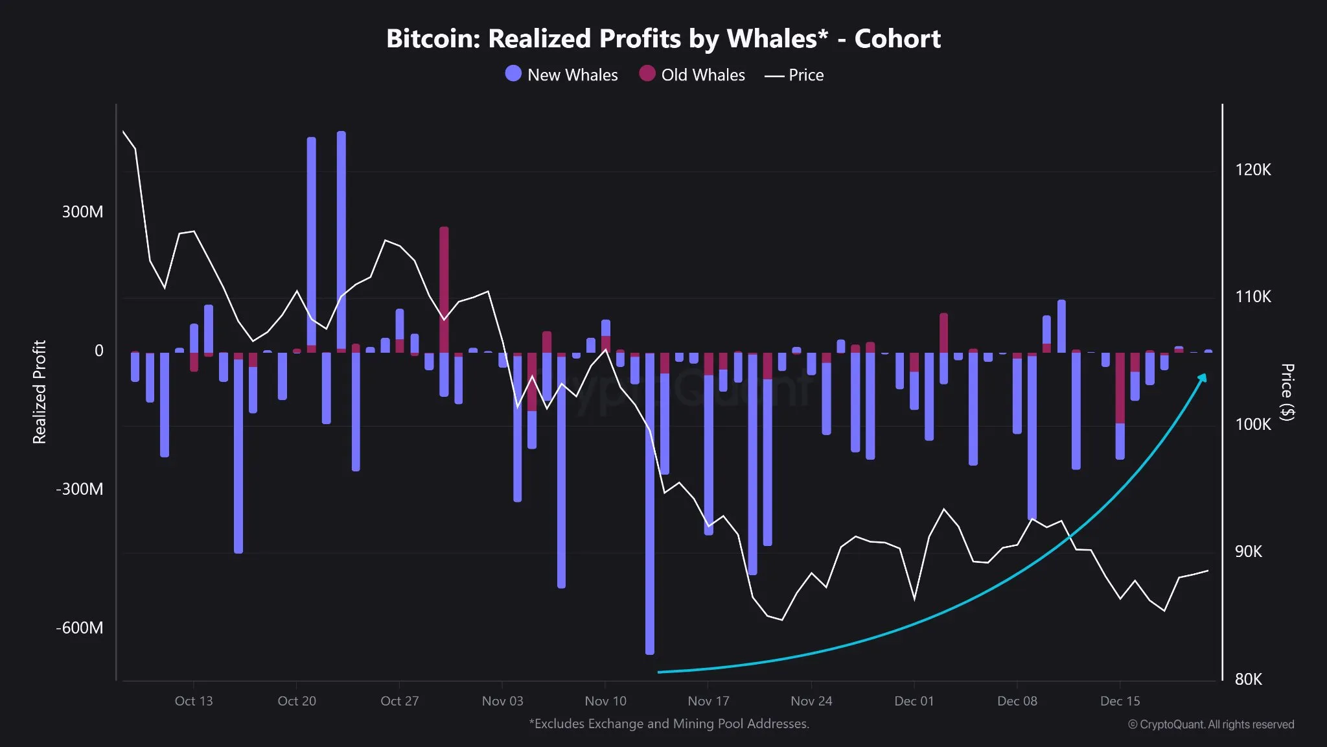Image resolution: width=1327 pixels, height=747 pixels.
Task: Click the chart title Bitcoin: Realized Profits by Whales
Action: click(663, 39)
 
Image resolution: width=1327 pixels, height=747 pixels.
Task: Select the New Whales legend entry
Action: click(561, 75)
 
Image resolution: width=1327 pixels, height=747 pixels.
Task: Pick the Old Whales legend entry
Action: click(692, 75)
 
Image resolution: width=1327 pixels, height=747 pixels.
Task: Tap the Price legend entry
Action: click(794, 75)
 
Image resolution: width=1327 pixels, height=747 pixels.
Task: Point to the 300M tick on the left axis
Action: click(82, 212)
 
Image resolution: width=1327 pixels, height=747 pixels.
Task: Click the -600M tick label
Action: click(79, 628)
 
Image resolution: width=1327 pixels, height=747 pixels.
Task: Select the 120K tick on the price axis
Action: click(1252, 170)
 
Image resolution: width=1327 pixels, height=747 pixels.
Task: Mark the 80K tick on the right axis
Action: click(1248, 679)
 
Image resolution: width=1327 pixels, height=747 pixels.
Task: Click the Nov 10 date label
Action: click(605, 701)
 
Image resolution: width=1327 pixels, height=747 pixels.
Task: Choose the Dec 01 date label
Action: click(914, 701)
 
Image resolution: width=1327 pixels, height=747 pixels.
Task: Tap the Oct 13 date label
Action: click(193, 701)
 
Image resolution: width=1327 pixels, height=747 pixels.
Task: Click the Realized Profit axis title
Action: click(40, 392)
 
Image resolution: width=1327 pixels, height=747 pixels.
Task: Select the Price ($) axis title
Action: click(1287, 392)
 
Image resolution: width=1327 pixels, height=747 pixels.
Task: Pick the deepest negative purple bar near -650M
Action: click(650, 506)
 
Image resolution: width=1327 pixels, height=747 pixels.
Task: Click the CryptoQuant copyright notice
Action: click(1210, 724)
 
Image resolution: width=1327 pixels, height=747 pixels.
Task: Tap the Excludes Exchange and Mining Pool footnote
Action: click(669, 724)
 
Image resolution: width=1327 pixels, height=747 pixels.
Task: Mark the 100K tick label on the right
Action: click(1252, 425)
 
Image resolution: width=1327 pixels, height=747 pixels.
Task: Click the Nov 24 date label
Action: click(811, 701)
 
